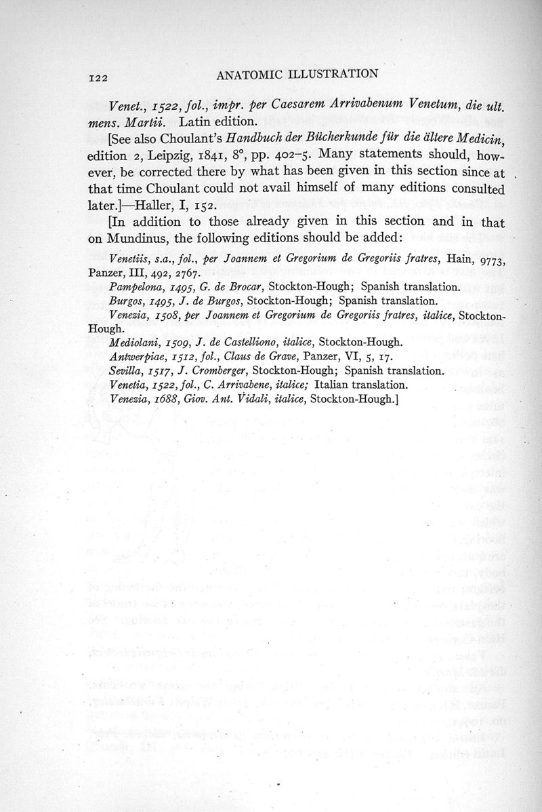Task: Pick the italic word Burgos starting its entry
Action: (x=125, y=301)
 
